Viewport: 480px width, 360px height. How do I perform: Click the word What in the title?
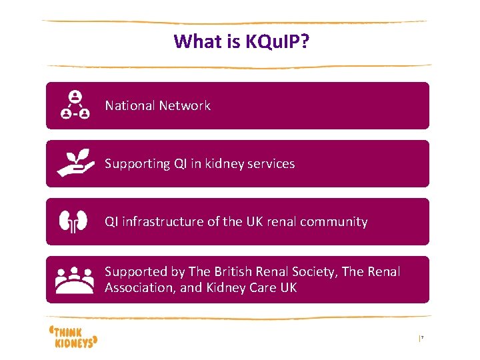[x=192, y=41]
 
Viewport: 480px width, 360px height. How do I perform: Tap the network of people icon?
[x=75, y=105]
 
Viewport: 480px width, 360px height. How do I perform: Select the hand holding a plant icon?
[x=75, y=163]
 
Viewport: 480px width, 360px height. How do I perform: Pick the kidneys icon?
[x=74, y=221]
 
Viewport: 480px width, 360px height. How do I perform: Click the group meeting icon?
[x=75, y=280]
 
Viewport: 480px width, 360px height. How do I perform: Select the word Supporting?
[x=134, y=164]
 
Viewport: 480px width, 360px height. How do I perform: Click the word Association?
[x=139, y=288]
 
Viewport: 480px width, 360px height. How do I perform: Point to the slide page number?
[x=421, y=339]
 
